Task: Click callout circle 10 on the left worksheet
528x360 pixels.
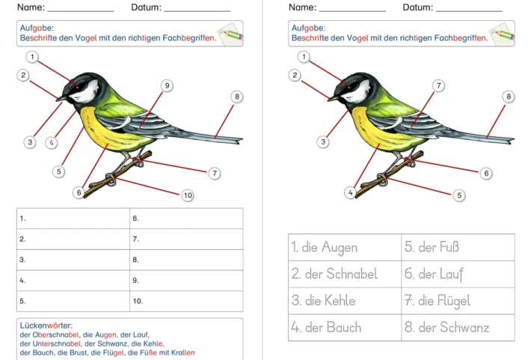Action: coord(187,195)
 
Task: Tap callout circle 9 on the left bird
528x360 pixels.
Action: coord(167,86)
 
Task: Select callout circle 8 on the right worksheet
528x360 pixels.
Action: coord(509,97)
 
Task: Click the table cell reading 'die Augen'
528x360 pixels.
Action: coord(345,247)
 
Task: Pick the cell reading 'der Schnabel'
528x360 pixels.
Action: coord(345,274)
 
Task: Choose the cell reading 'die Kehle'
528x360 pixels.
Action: coord(345,301)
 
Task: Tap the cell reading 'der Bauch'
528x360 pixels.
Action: coord(345,327)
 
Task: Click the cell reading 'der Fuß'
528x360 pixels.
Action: coord(458,247)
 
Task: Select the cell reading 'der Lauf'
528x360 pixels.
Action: coord(458,274)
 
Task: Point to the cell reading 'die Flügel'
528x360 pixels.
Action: coord(458,301)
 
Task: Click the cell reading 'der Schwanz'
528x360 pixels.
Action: coord(458,327)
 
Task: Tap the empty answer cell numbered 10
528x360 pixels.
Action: coord(186,302)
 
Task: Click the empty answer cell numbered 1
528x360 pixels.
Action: coord(73,219)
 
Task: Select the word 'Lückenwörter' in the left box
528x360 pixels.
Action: coord(46,326)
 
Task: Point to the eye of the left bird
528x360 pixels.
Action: coord(77,85)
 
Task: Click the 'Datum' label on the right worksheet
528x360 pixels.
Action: coord(417,7)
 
